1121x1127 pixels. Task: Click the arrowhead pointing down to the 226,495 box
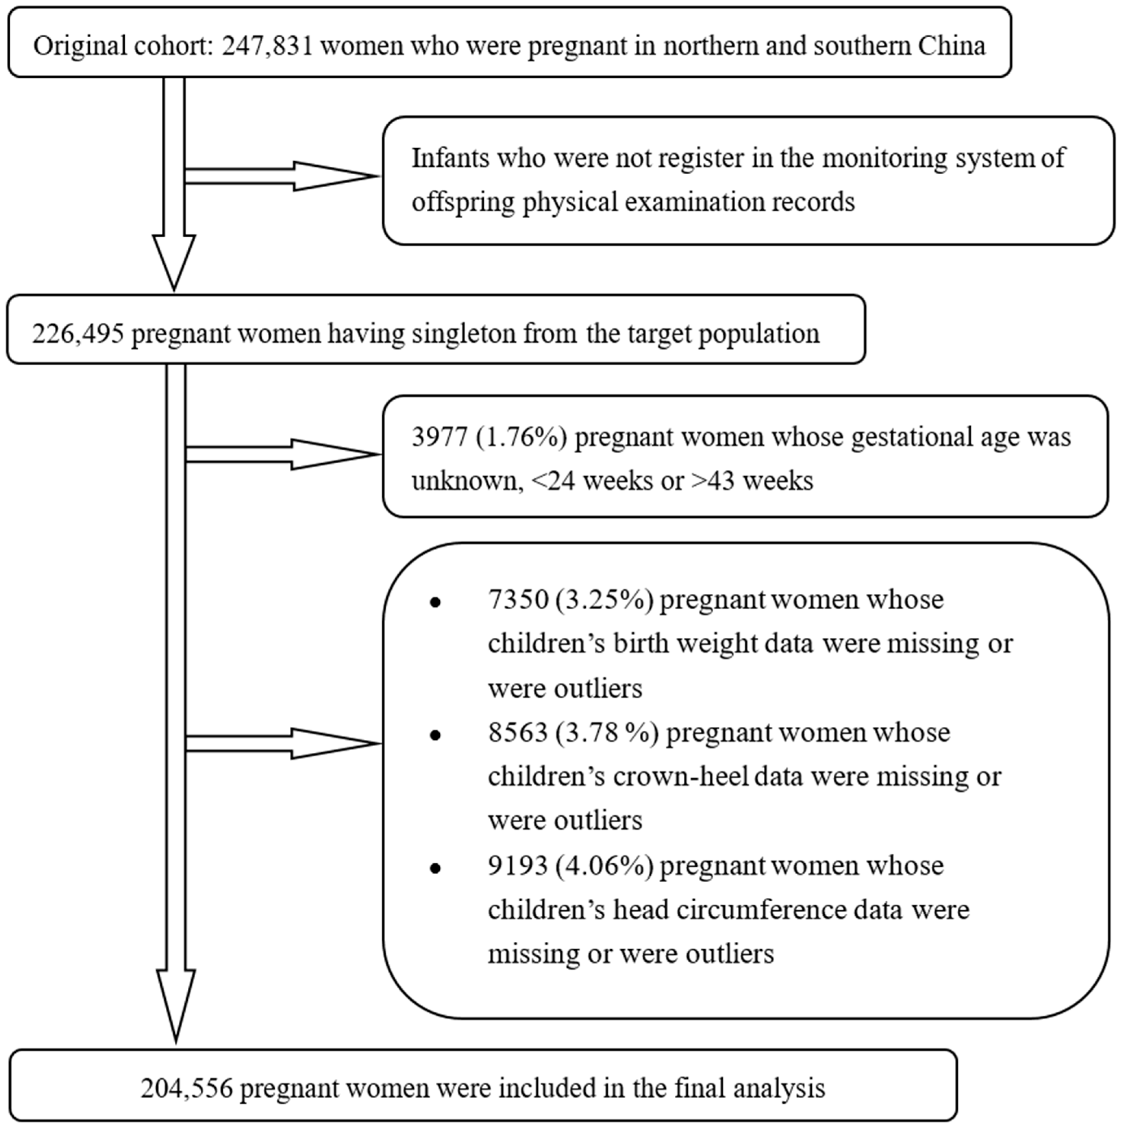point(174,263)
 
